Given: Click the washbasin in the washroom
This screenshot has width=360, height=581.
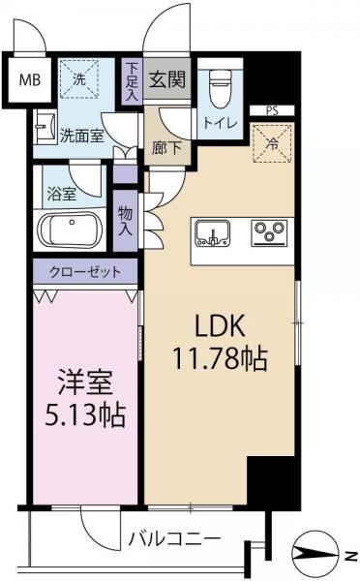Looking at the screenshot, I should coord(43,126).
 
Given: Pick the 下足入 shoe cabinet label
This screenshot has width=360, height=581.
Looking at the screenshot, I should coord(133,82).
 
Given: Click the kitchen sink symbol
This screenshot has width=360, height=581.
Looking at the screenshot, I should coord(210,232).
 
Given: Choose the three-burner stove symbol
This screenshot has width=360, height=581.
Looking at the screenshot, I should coord(270,232).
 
